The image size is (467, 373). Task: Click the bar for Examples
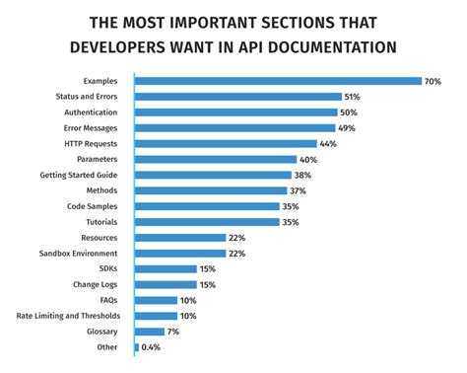[276, 81]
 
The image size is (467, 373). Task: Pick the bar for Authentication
[234, 112]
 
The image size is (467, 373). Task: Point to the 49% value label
[348, 127]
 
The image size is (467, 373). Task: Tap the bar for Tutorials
[205, 222]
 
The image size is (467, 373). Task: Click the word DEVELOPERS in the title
[131, 46]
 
